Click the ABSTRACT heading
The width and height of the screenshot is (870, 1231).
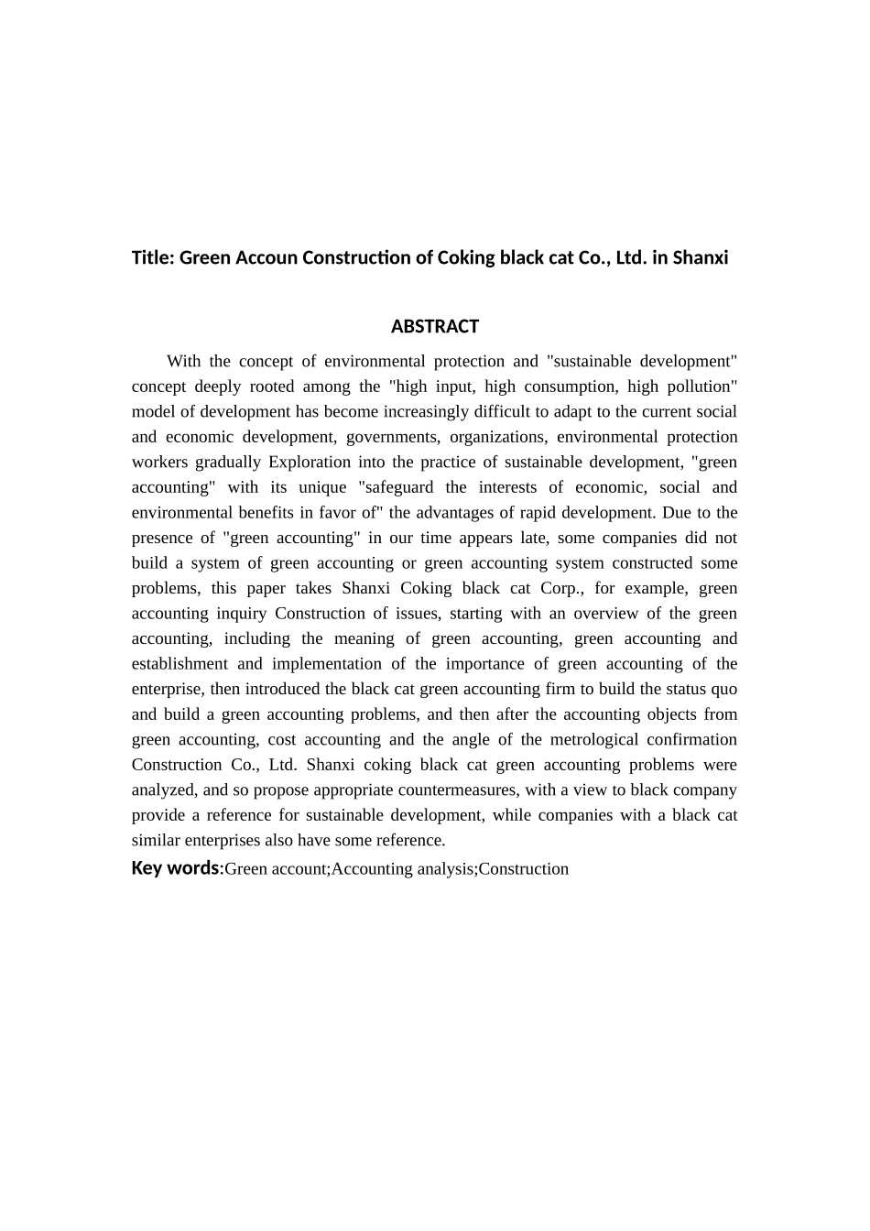434,327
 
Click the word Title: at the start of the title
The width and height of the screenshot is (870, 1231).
153,257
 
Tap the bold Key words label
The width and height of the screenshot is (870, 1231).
175,868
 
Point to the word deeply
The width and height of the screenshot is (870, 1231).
215,387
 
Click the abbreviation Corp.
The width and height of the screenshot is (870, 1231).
561,588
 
